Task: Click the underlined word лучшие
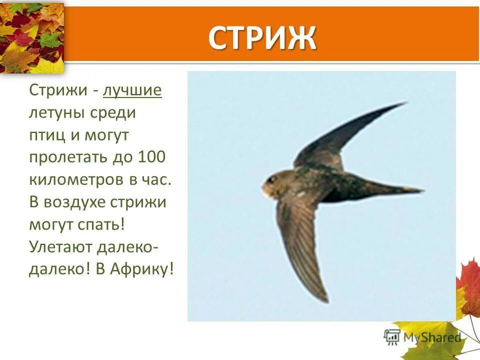coord(132,90)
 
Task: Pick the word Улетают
coord(57,247)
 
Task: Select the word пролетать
coord(62,157)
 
